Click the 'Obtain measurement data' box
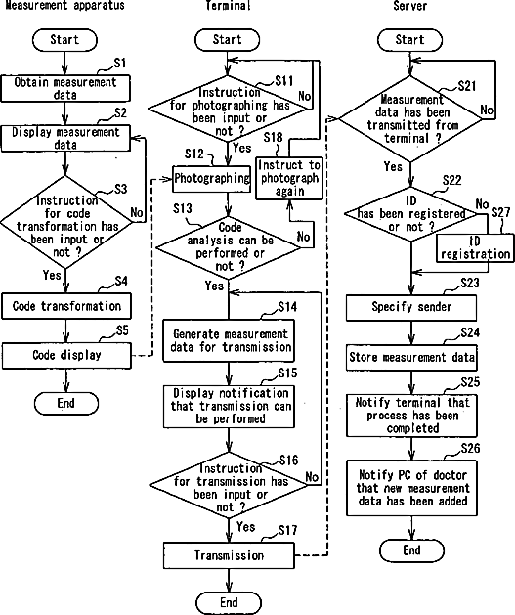(x=65, y=88)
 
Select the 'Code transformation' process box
(x=66, y=306)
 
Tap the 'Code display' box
(x=66, y=355)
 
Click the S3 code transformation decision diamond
(x=65, y=222)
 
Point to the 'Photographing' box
(x=212, y=179)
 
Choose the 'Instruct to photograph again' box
(x=289, y=179)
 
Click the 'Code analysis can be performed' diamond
(x=229, y=248)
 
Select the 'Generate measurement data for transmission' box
(x=229, y=340)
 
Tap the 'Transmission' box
(x=229, y=555)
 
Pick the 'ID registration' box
(x=475, y=248)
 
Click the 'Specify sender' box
(x=411, y=307)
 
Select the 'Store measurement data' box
(x=411, y=357)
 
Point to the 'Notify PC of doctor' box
(x=412, y=488)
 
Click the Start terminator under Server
(x=410, y=40)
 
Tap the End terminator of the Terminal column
(x=229, y=603)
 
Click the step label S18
(x=273, y=137)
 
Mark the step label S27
(x=501, y=212)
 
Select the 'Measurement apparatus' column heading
(x=64, y=5)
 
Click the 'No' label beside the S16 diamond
(x=312, y=477)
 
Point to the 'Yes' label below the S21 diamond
(x=393, y=166)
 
